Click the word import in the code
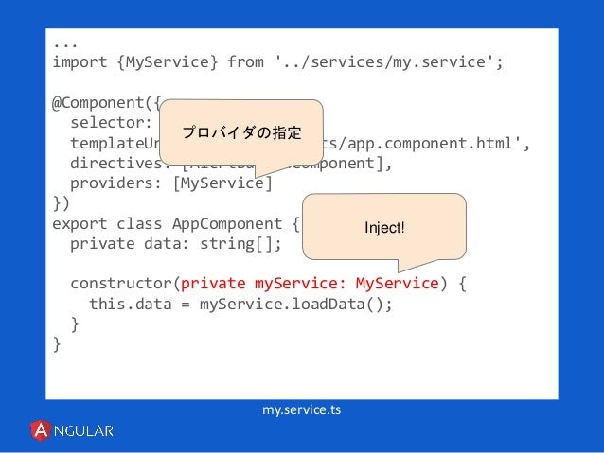pyautogui.click(x=80, y=62)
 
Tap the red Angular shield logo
pyautogui.click(x=42, y=431)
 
